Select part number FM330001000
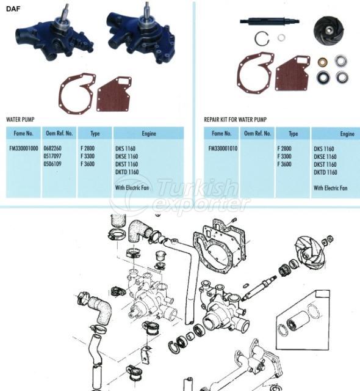pyautogui.click(x=23, y=148)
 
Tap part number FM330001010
pyautogui.click(x=223, y=148)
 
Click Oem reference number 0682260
pyautogui.click(x=53, y=148)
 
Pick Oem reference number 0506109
pyautogui.click(x=53, y=164)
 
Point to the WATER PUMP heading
pyautogui.click(x=22, y=120)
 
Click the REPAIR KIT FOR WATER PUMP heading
pyautogui.click(x=236, y=120)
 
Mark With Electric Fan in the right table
pyautogui.click(x=330, y=188)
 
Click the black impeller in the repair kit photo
pyautogui.click(x=328, y=30)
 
